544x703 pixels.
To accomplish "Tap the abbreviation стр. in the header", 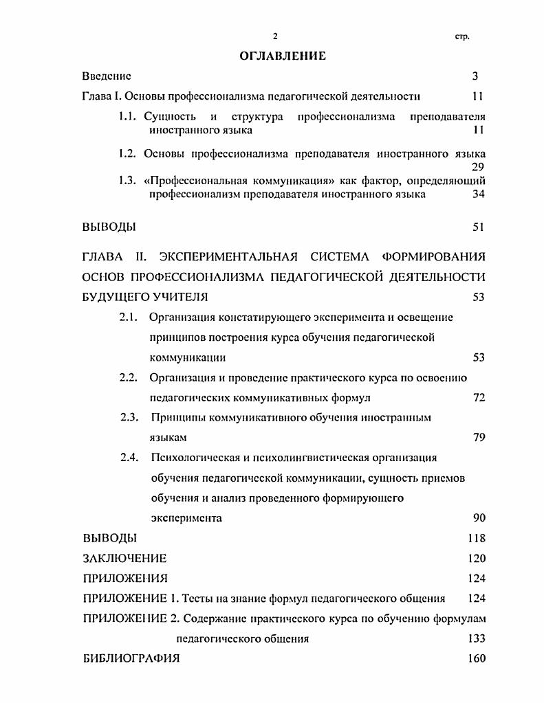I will [461, 36].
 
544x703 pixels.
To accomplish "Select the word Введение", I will [106, 76].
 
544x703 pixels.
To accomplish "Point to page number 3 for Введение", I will [475, 76].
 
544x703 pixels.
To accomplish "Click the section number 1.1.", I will [128, 116].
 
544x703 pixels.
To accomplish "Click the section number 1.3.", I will [128, 181].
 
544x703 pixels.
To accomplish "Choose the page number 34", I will [479, 194].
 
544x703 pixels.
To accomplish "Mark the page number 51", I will [479, 227].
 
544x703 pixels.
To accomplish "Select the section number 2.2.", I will [129, 378].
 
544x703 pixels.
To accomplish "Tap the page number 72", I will [479, 398].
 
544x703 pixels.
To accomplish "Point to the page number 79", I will [479, 438].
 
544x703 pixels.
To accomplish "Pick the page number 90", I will [479, 517].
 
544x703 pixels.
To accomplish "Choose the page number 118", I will [476, 538].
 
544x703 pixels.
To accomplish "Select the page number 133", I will [476, 638].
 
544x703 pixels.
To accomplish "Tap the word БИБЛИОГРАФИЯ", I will [131, 658].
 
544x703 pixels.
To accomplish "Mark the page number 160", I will [476, 658].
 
